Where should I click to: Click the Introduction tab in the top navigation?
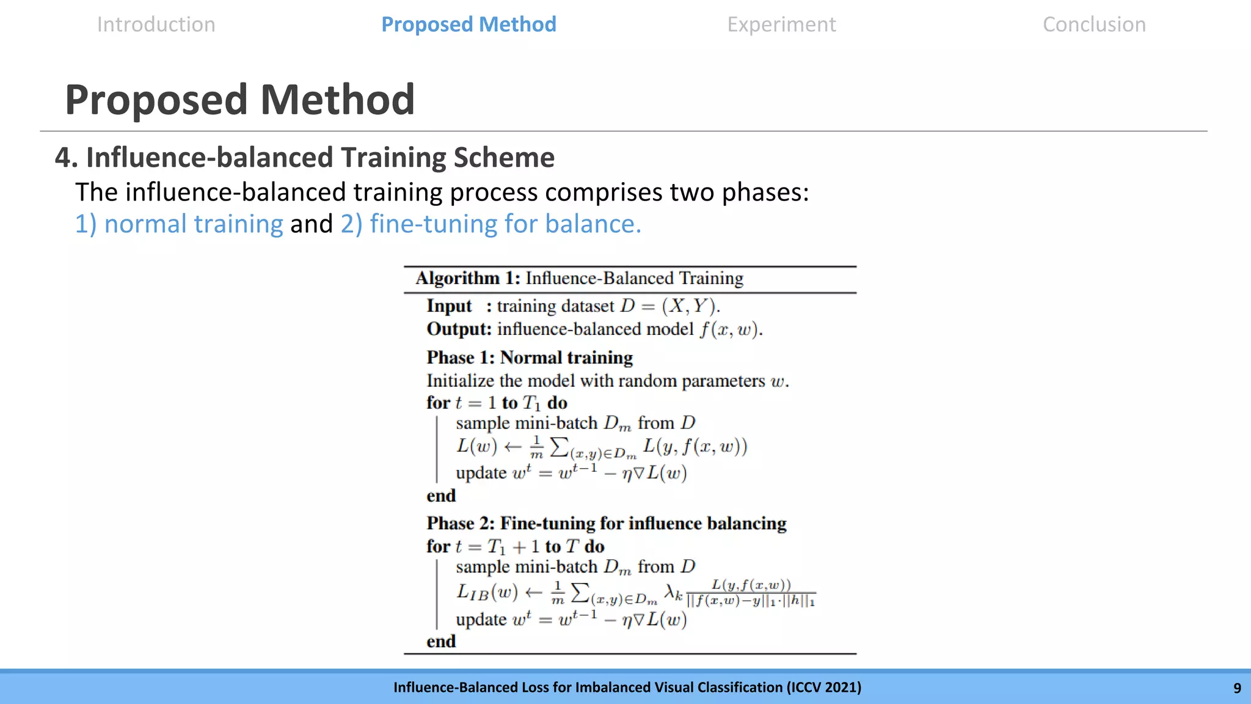pyautogui.click(x=156, y=24)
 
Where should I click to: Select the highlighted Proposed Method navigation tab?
pyautogui.click(x=469, y=24)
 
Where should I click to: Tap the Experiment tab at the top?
pyautogui.click(x=781, y=24)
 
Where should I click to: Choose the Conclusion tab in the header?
pyautogui.click(x=1094, y=24)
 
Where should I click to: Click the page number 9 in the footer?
pyautogui.click(x=1237, y=688)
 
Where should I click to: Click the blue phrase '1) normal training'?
pyautogui.click(x=179, y=224)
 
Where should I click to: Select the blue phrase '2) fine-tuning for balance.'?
pyautogui.click(x=491, y=224)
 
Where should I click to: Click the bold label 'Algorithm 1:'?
pyautogui.click(x=468, y=279)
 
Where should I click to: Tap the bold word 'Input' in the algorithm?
pyautogui.click(x=449, y=306)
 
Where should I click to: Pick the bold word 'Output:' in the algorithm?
pyautogui.click(x=459, y=329)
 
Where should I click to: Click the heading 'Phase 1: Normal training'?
pyautogui.click(x=530, y=358)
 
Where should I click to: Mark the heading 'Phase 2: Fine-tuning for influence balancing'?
pyautogui.click(x=607, y=524)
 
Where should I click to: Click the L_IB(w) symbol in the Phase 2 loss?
pyautogui.click(x=487, y=592)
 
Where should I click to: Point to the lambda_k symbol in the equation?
pyautogui.click(x=673, y=592)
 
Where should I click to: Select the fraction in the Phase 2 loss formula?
pyautogui.click(x=751, y=593)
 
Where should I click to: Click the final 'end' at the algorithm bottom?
pyautogui.click(x=441, y=641)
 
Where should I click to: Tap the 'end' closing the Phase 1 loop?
pyautogui.click(x=441, y=496)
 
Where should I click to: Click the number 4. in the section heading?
pyautogui.click(x=66, y=158)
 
